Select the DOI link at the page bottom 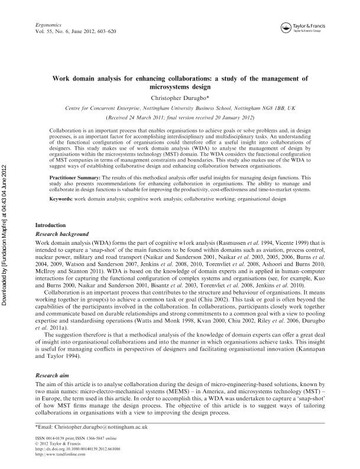73,448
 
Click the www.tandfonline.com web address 57,454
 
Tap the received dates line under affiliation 180,118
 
